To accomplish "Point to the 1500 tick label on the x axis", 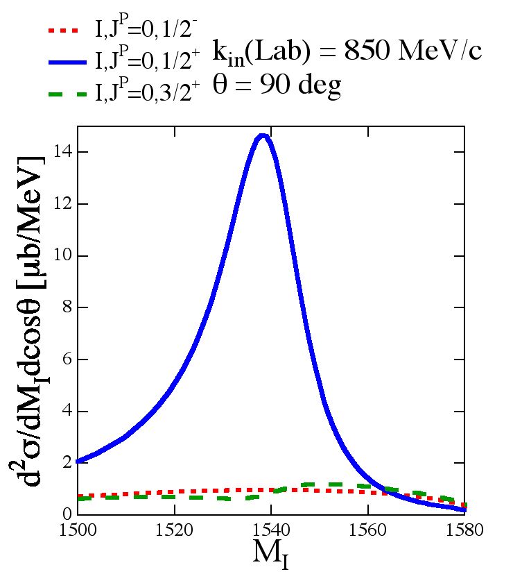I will pyautogui.click(x=77, y=530).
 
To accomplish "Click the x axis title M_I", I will pyautogui.click(x=271, y=555).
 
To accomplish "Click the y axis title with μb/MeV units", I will pyautogui.click(x=32, y=319).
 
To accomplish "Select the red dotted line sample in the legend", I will pyautogui.click(x=68, y=31).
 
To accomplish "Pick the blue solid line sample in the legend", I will pyautogui.click(x=68, y=61).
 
